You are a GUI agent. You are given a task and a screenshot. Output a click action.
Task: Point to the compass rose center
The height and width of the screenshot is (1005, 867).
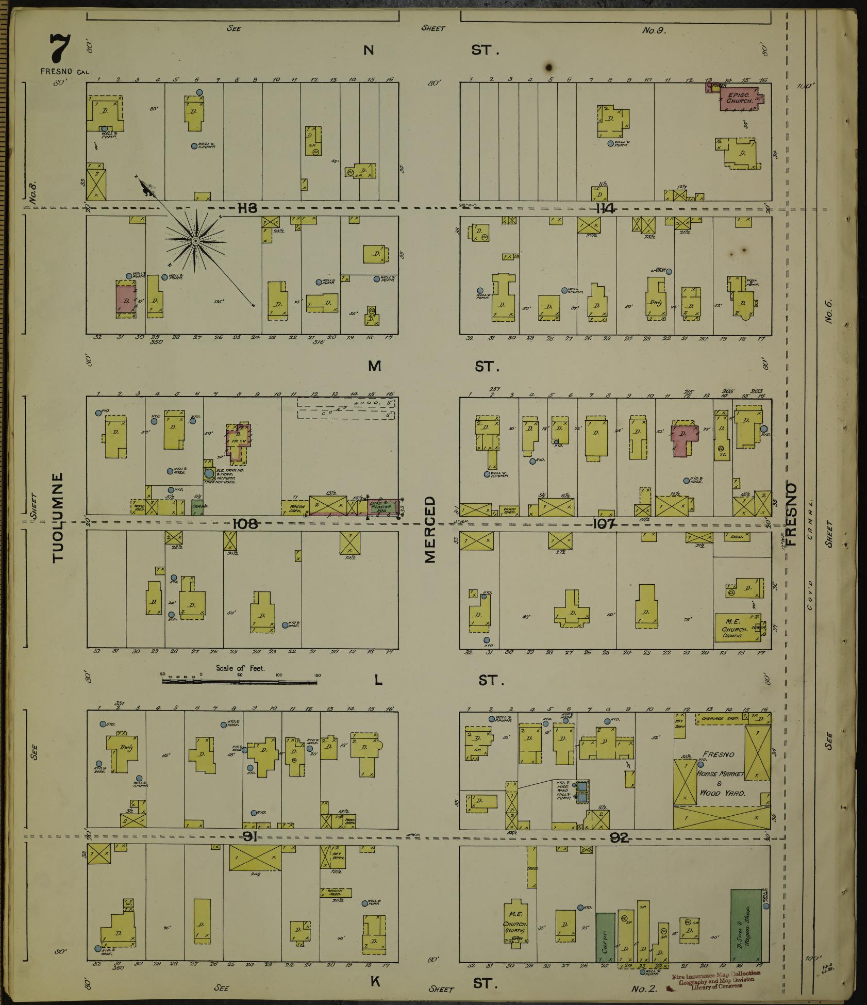[x=195, y=241]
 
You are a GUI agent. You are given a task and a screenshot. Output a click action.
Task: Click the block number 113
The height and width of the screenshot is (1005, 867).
[x=247, y=208]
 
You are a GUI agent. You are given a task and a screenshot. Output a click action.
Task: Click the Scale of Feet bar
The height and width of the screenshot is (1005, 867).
[x=240, y=681]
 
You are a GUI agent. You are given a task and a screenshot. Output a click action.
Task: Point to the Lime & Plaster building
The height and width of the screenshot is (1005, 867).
[x=382, y=507]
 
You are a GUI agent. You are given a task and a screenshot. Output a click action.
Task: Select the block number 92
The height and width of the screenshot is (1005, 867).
[x=619, y=838]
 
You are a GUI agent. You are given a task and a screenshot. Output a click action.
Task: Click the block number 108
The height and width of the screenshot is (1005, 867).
[x=245, y=524]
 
